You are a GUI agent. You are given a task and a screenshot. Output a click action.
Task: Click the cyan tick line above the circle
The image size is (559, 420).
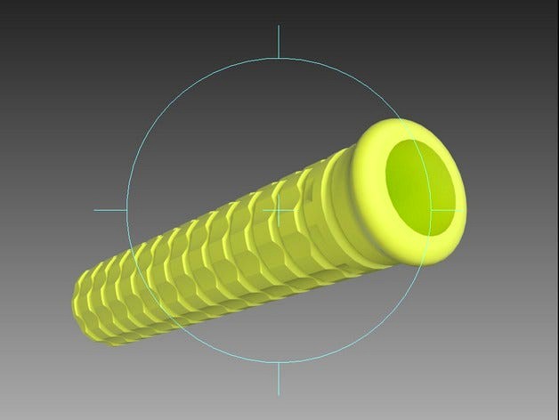tap(279, 42)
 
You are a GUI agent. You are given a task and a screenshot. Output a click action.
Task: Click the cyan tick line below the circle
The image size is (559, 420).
tap(279, 379)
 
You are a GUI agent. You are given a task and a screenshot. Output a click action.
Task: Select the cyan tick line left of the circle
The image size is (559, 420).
tap(110, 211)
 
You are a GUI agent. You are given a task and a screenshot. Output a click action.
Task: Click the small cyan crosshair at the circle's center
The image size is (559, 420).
tap(279, 211)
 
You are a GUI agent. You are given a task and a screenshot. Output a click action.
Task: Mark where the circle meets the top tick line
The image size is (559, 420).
tap(279, 59)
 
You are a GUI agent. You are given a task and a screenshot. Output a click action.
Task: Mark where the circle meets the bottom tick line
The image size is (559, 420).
tap(279, 362)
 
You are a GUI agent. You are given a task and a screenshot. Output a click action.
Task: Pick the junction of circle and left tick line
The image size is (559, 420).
tap(126, 211)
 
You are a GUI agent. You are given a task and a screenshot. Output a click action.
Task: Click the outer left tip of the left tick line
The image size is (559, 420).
tap(95, 211)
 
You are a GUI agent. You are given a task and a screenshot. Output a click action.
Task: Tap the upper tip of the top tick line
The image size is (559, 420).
tap(279, 27)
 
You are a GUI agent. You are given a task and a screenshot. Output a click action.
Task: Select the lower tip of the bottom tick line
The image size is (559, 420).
tap(279, 394)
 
